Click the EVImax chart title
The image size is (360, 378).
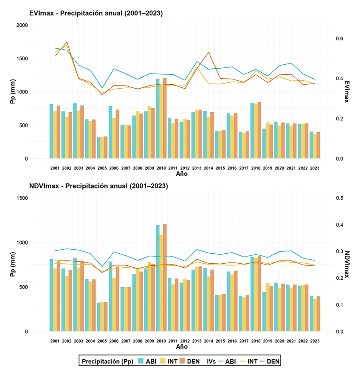coord(96,13)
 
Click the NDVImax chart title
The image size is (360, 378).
coord(98,186)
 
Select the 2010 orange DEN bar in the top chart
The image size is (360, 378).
coord(165,120)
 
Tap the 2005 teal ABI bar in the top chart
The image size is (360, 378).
coord(98,148)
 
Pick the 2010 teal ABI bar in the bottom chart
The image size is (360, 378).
coord(158,280)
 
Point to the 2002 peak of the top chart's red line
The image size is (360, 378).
coord(67,42)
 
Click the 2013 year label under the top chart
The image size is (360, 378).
coord(197,168)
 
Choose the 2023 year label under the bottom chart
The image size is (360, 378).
coord(314,341)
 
